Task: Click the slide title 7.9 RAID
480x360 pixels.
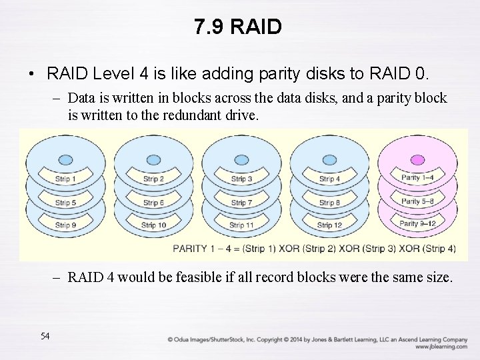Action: tap(239, 27)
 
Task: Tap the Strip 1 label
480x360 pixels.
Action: tap(65, 179)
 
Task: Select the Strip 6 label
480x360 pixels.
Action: tap(153, 203)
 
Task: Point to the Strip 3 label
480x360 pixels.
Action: tap(241, 179)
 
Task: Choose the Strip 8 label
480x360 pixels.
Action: tap(329, 203)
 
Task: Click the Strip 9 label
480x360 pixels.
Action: tap(65, 225)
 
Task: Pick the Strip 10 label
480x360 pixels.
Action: tap(153, 225)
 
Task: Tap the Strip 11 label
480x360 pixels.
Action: tap(241, 225)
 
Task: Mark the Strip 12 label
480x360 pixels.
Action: tap(329, 225)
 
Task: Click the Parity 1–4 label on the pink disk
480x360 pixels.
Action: tap(417, 177)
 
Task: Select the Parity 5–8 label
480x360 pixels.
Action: tap(417, 201)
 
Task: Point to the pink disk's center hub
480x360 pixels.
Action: tap(417, 160)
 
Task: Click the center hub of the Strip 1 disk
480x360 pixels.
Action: tap(65, 160)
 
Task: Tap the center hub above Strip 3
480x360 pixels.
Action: tap(241, 160)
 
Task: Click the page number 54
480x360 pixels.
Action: tap(45, 336)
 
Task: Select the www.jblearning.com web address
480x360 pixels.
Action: tap(441, 347)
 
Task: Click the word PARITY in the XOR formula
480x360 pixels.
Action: tap(193, 249)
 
